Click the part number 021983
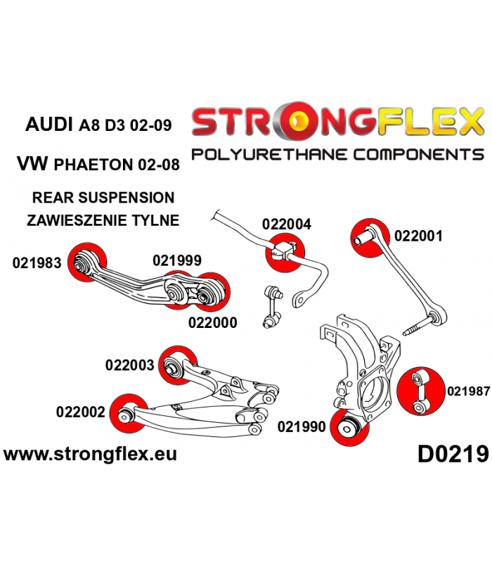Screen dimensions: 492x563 click(x=37, y=262)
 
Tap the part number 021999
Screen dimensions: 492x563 click(x=177, y=260)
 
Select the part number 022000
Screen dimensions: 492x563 click(x=213, y=322)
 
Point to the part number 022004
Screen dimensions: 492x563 click(x=287, y=224)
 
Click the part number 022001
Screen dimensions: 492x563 click(x=418, y=236)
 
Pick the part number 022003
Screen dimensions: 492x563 click(x=130, y=365)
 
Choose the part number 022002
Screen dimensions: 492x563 click(x=81, y=412)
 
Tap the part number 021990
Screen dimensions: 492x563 click(x=302, y=426)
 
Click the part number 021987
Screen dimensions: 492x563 click(x=468, y=391)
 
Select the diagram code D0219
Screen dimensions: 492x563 click(x=453, y=454)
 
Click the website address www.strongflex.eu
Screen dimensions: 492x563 click(x=90, y=454)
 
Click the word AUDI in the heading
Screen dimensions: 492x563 click(x=48, y=125)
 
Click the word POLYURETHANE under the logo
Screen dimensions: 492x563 click(x=270, y=155)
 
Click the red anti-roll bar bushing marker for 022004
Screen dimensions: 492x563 click(x=285, y=253)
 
